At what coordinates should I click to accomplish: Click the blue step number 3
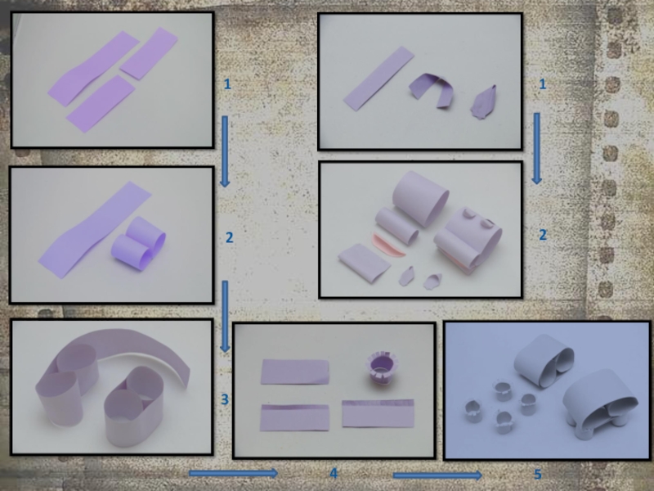pos(225,399)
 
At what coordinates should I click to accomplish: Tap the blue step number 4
pos(334,474)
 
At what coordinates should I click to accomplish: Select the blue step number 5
pos(538,475)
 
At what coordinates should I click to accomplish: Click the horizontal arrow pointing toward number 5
pos(437,475)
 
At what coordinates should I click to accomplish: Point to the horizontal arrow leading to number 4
pos(233,473)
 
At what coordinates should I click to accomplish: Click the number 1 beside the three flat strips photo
pos(227,84)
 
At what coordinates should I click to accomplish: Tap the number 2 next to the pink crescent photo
pos(543,235)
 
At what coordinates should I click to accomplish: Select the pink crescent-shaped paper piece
pos(387,246)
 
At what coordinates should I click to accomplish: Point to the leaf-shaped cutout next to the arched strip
pos(484,103)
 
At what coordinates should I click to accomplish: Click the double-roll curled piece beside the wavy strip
pos(138,243)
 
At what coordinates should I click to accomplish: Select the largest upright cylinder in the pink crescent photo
pos(420,199)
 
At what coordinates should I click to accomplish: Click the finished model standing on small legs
pos(600,404)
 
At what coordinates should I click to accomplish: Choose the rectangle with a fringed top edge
pos(378,413)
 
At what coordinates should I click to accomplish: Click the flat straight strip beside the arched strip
pos(379,79)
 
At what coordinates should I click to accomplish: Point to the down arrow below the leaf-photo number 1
pos(537,148)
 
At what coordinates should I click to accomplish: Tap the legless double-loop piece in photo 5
pos(544,361)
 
